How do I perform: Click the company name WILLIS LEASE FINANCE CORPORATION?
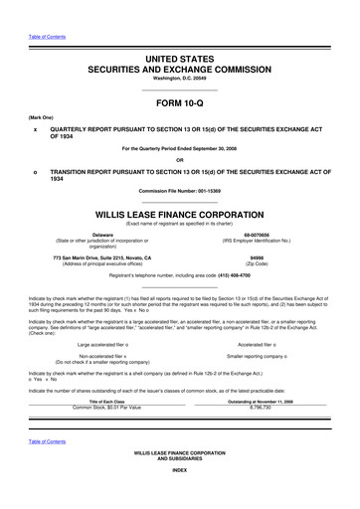click(179, 214)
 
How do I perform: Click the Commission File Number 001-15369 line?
click(179, 191)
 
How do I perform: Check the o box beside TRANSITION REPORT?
click(36, 171)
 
